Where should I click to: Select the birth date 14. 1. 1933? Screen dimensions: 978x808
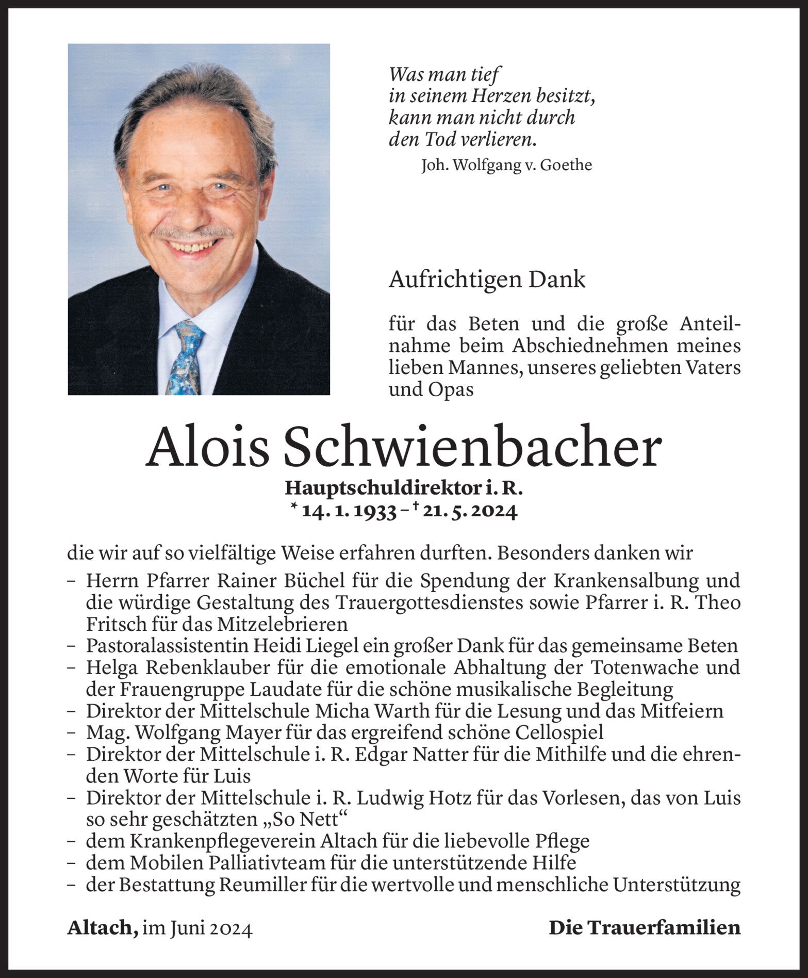349,511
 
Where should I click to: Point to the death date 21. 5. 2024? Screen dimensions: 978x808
468,511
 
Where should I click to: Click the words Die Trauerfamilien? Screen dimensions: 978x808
645,928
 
